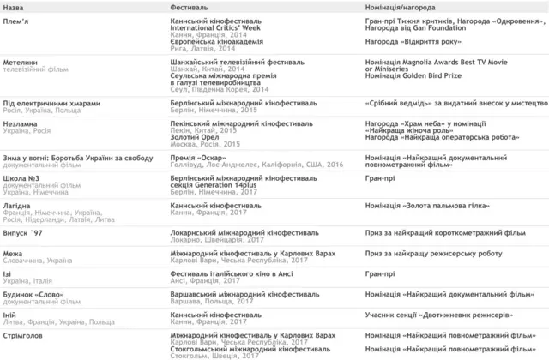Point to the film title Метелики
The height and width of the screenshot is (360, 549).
22,63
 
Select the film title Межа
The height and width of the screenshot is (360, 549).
15,254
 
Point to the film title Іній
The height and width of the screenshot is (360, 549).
12,315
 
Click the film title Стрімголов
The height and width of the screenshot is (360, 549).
26,334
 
